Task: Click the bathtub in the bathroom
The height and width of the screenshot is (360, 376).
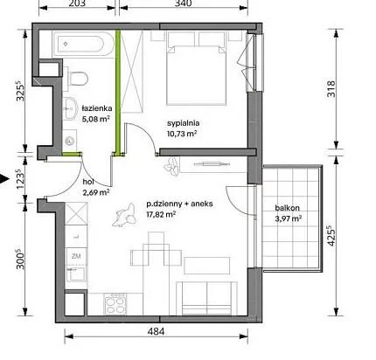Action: (82, 45)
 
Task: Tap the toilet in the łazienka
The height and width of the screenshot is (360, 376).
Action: (77, 78)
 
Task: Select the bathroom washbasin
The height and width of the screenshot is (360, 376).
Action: (69, 108)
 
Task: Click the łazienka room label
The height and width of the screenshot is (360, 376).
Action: (97, 108)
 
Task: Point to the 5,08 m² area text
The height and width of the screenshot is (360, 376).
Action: (96, 119)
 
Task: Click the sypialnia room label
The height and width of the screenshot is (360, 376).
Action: (184, 123)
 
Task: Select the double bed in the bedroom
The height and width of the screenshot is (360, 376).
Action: (197, 68)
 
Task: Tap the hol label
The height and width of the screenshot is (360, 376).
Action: (88, 182)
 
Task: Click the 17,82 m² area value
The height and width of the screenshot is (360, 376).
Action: (161, 214)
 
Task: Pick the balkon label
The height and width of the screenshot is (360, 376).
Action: (287, 208)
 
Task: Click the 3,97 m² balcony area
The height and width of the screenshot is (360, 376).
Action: (288, 218)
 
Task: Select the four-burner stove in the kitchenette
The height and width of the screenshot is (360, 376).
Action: (115, 304)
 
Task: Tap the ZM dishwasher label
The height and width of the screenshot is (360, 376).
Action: (76, 256)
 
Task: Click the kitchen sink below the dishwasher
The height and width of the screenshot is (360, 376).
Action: (77, 273)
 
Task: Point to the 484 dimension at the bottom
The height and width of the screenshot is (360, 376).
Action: (156, 331)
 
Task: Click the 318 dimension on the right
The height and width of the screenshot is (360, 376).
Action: (331, 89)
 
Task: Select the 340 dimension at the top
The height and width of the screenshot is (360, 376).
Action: (184, 3)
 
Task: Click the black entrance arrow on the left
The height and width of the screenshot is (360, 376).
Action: (3, 179)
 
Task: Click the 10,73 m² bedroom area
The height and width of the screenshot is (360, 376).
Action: (182, 134)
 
